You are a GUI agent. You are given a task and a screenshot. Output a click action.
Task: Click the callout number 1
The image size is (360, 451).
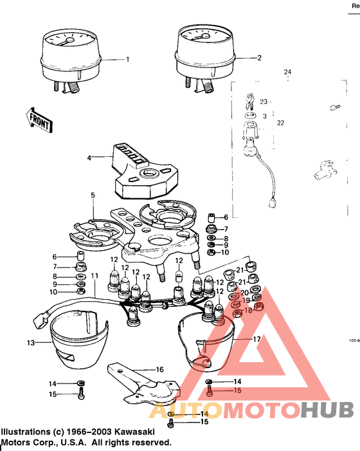pos(127,59)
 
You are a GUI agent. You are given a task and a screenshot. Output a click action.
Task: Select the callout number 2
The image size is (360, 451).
pos(260,58)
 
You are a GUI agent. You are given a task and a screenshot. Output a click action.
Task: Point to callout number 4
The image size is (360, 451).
pos(90,157)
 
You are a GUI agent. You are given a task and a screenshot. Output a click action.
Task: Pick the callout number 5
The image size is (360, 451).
pos(93,195)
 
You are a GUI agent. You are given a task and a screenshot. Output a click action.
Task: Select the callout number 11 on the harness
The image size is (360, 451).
pos(94,276)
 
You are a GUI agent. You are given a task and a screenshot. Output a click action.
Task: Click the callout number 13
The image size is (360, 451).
pos(30,343)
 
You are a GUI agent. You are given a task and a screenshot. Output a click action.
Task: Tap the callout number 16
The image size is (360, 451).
pos(160,370)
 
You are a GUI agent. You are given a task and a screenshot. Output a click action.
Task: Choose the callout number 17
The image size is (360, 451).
pos(256,339)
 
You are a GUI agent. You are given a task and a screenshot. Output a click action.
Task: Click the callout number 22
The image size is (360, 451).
pos(280,123)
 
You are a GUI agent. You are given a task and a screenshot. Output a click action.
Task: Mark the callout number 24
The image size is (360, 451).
pos(287,71)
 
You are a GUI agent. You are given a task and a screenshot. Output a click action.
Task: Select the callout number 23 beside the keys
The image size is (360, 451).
pos(264,102)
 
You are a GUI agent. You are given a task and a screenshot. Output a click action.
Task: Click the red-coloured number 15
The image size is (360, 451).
pos(237,391)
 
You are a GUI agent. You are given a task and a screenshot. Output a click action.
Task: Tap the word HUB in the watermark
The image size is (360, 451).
pos(327,409)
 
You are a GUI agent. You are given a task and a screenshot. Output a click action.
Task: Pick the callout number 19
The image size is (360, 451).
pos(246,301)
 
